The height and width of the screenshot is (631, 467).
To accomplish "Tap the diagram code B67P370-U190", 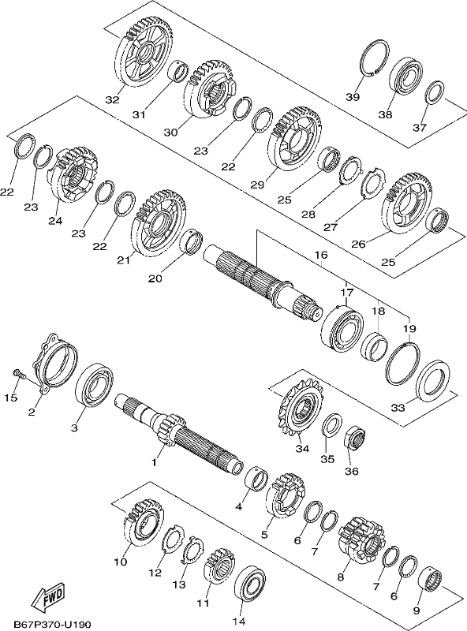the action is pos(52,624).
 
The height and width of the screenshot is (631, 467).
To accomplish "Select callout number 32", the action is pos(113,99).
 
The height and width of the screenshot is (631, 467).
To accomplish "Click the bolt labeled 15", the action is pos(18,374).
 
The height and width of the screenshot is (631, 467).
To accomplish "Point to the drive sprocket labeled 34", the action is pos(301,411).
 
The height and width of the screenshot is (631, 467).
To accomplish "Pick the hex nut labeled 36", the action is pos(356,438).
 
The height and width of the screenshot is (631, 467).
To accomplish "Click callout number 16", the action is pos(321,255).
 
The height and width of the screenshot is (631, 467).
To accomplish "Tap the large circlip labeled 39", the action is pos(374,58).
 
